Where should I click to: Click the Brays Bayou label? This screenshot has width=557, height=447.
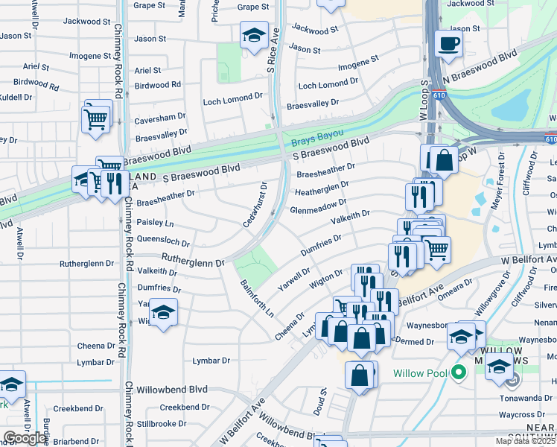point(317,137)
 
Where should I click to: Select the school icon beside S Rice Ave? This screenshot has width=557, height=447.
point(254,35)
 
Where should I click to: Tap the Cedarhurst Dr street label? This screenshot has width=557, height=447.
point(255,205)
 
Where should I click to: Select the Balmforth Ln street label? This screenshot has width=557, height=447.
point(257,298)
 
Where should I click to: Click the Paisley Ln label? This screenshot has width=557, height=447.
point(155,223)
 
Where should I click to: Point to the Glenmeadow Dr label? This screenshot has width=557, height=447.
point(319,205)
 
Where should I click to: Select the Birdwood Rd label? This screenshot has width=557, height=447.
point(158,85)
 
